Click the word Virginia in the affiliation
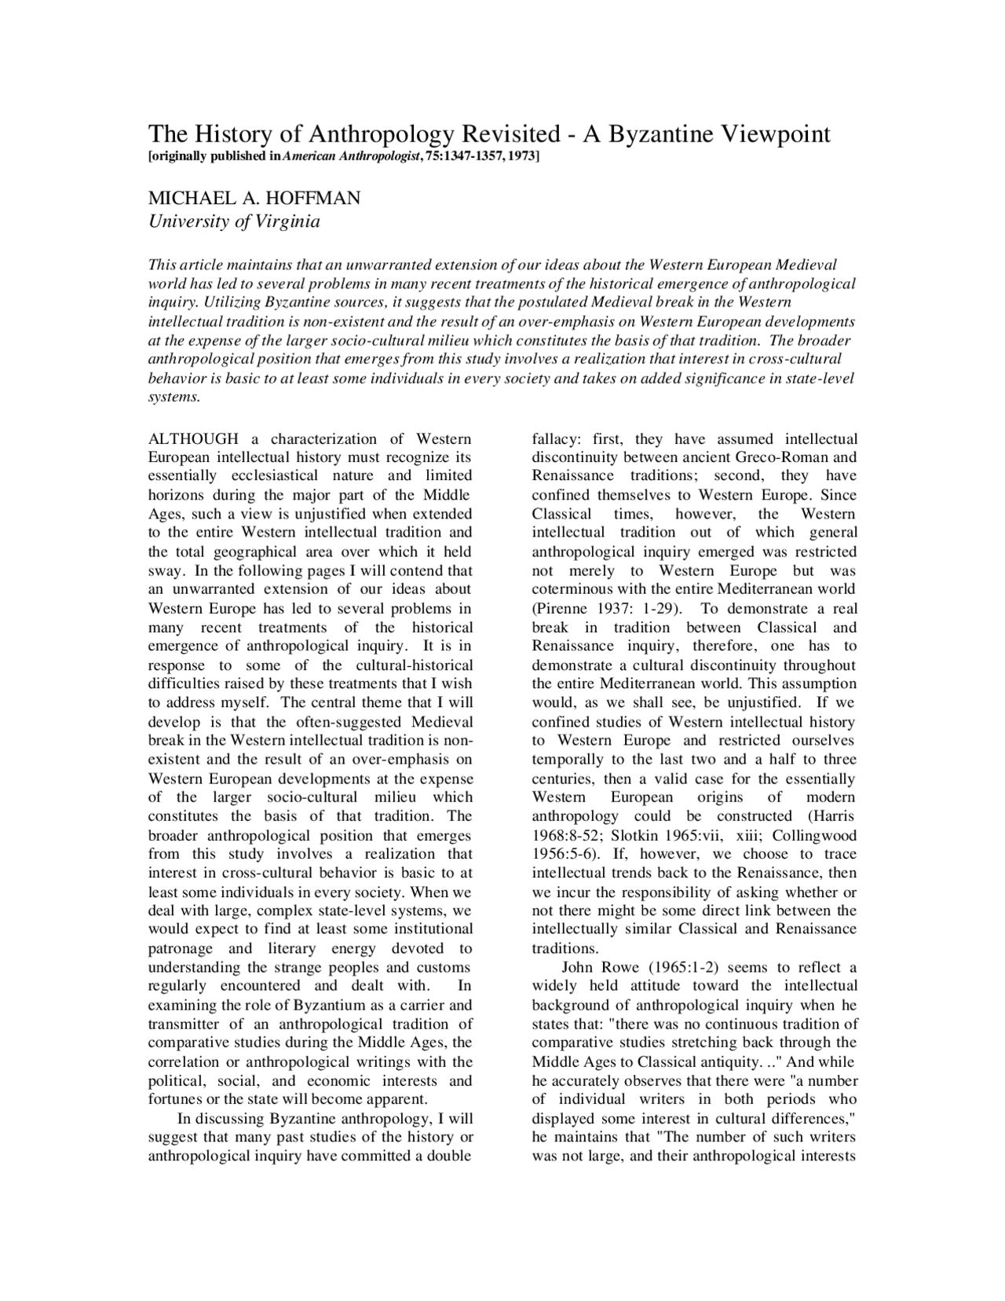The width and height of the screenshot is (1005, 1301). coord(286,222)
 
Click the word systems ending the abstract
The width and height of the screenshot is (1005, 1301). coord(174,397)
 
